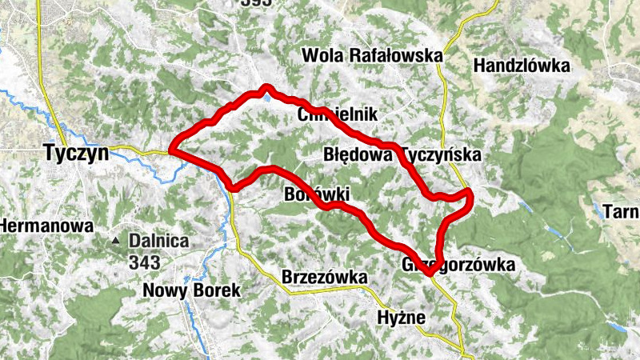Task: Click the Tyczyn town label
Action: pyautogui.click(x=76, y=153)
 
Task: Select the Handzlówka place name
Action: pyautogui.click(x=522, y=66)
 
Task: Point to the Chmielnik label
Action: pyautogui.click(x=336, y=114)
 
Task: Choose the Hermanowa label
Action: pyautogui.click(x=46, y=226)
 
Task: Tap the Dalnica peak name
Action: pyautogui.click(x=160, y=240)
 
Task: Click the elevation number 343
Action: pyautogui.click(x=144, y=261)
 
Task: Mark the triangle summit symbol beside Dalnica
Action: pyautogui.click(x=117, y=240)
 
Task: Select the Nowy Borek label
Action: pyautogui.click(x=191, y=290)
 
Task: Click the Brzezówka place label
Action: pyautogui.click(x=325, y=277)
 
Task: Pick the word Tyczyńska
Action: pyautogui.click(x=442, y=154)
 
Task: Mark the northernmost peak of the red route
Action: pyautogui.click(x=266, y=87)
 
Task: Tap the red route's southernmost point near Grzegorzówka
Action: pyautogui.click(x=430, y=274)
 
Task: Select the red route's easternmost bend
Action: pyautogui.click(x=471, y=194)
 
